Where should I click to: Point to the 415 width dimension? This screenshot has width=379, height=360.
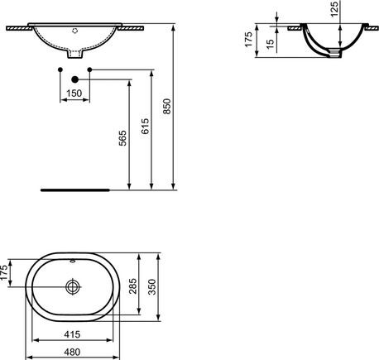click(74, 335)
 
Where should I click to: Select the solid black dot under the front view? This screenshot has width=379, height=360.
click(75, 79)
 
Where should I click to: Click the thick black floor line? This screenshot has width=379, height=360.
click(74, 189)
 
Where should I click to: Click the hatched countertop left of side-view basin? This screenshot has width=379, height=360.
click(293, 31)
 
